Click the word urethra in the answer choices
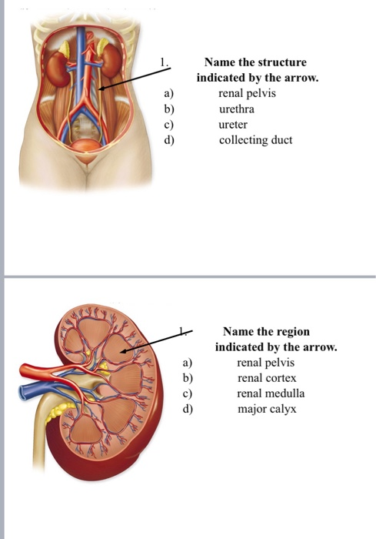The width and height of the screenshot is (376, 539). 236,109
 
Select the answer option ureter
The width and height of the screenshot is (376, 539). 233,124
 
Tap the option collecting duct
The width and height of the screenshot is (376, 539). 255,140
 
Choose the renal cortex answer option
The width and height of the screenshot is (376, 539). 267,378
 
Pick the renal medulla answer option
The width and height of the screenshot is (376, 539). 271,393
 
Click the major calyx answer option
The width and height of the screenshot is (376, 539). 267,409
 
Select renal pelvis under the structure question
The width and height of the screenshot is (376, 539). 247,93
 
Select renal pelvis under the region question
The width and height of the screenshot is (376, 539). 266,362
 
